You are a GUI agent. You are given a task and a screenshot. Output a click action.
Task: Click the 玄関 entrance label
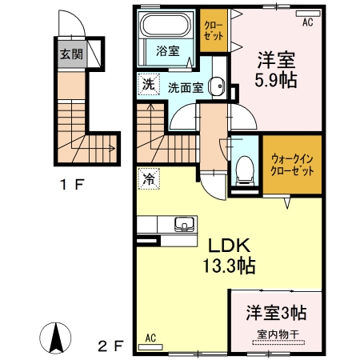coord(66,56)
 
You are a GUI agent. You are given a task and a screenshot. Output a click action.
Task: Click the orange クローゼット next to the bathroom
coord(214,31)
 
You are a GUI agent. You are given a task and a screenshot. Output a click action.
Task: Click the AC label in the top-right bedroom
coord(307,22)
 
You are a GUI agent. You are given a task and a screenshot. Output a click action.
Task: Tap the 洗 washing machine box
coord(148,84)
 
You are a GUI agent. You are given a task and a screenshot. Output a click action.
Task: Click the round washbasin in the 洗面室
coord(215,87)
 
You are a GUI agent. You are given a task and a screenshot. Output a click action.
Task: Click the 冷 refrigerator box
coord(148,180)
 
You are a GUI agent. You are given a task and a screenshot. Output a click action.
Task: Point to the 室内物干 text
coord(275,334)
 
